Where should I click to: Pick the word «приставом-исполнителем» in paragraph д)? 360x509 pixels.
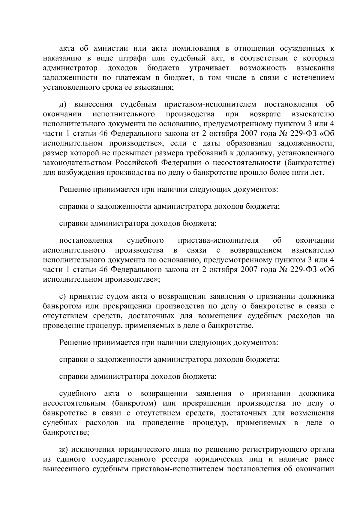click(x=210, y=104)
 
